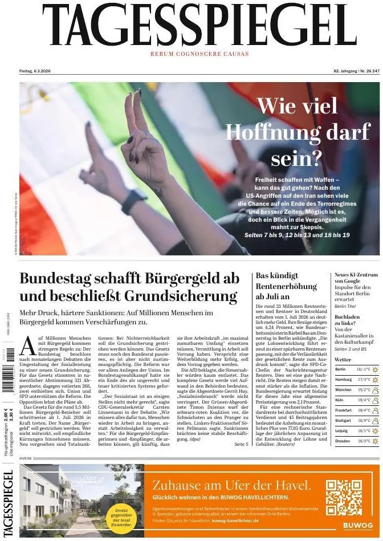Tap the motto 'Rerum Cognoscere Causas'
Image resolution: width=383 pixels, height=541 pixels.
point(199,54)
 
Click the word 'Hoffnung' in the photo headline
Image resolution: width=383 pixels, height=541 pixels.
point(298,132)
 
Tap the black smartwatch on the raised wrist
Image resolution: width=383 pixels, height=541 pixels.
point(134,201)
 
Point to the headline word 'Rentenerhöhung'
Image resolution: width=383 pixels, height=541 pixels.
point(286,286)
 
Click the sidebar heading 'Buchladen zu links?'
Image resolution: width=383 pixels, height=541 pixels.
point(348,320)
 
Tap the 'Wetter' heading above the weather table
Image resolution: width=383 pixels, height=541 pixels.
point(343,360)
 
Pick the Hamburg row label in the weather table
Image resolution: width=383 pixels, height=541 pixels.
point(344,379)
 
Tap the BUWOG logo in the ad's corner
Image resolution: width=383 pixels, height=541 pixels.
point(358,526)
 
